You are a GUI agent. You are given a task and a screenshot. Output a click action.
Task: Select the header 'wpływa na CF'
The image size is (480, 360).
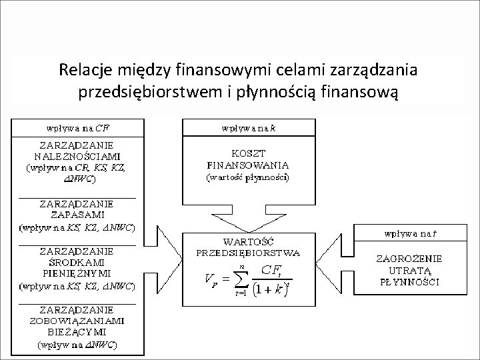click(75, 126)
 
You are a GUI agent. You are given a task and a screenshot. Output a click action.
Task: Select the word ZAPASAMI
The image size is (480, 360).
click(75, 215)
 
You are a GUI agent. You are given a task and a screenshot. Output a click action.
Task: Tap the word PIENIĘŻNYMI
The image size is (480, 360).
click(75, 273)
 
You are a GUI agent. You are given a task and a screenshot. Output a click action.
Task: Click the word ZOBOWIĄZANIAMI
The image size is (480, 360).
click(75, 321)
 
